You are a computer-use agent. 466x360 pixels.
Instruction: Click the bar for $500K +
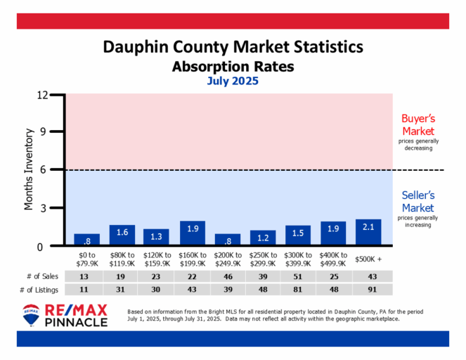[x=368, y=233]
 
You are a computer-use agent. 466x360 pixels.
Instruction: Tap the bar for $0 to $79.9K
[x=86, y=240]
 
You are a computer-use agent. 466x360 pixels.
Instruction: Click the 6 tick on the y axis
[x=53, y=170]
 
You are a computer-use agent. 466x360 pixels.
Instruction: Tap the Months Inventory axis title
[x=30, y=169]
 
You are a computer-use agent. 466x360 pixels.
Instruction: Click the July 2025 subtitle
[x=233, y=81]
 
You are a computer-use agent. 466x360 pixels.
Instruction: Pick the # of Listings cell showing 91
[x=368, y=290]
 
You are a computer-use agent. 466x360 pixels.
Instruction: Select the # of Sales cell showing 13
[x=86, y=276]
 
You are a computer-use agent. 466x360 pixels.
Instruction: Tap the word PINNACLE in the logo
[x=77, y=323]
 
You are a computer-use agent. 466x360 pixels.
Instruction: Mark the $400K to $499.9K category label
[x=333, y=259]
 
